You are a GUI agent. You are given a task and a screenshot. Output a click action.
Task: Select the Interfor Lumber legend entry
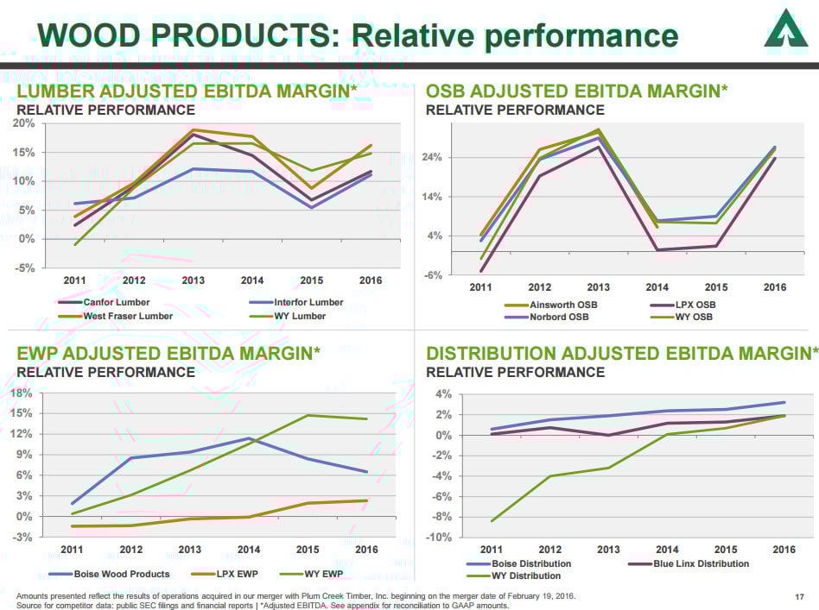(x=308, y=303)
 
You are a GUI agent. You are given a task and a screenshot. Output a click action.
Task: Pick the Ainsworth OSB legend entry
(x=562, y=305)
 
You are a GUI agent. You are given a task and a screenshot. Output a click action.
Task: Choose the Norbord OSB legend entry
(x=558, y=317)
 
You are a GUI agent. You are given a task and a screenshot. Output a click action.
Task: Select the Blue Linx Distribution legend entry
(x=701, y=563)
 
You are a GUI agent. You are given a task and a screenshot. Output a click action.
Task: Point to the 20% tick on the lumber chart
(x=23, y=123)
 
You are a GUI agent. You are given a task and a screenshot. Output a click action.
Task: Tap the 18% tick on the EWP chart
(x=23, y=393)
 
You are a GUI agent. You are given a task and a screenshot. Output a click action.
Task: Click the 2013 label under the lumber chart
(x=193, y=280)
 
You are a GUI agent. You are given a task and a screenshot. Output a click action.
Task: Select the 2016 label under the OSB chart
(x=774, y=287)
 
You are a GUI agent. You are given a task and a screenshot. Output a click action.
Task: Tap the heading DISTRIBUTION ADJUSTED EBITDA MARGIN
(x=621, y=353)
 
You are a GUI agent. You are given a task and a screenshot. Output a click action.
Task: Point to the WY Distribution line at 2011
(x=492, y=521)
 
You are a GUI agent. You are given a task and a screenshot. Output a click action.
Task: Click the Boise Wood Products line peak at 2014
(x=250, y=438)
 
